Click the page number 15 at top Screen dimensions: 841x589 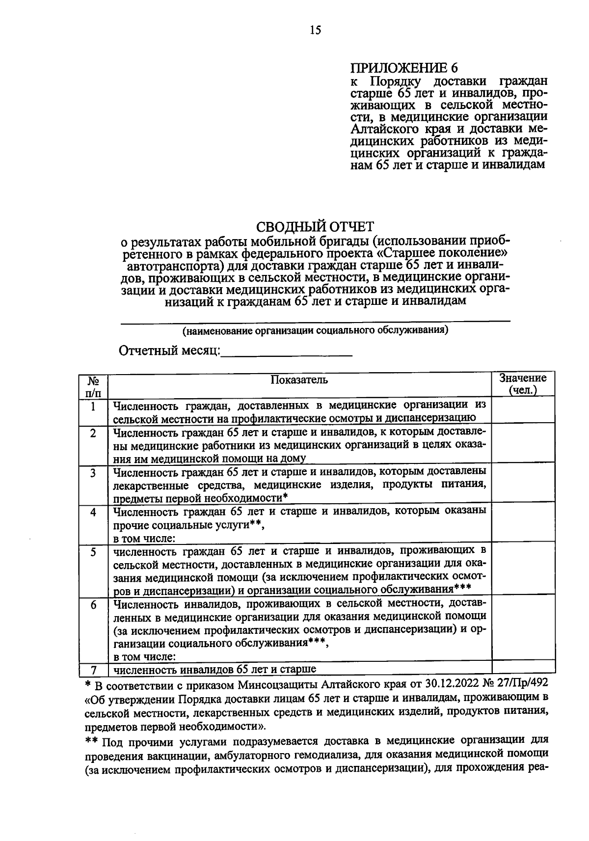click(315, 30)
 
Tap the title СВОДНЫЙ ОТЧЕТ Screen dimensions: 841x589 click(315, 227)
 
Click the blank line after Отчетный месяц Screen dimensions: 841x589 click(287, 353)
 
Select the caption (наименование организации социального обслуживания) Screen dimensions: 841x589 click(315, 330)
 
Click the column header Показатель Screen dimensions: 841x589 click(299, 380)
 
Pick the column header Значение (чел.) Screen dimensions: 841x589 click(523, 384)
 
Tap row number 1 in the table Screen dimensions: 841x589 click(94, 407)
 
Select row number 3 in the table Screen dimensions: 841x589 click(93, 473)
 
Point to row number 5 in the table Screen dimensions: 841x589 click(93, 552)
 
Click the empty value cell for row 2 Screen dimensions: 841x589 click(523, 445)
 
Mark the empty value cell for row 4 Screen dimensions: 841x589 click(523, 524)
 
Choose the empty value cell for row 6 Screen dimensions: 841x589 click(523, 628)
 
